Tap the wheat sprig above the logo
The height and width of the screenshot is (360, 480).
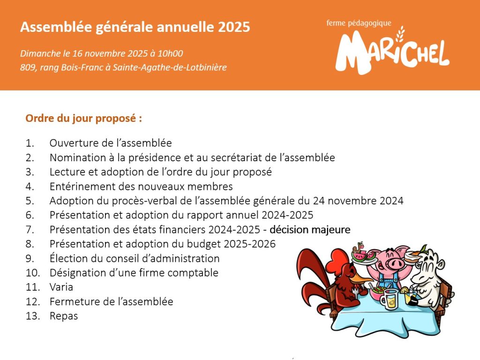(400, 34)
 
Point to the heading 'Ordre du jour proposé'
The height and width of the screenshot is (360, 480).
(83, 119)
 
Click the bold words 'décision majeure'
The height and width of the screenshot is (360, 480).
(310, 230)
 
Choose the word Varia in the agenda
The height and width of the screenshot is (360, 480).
(61, 287)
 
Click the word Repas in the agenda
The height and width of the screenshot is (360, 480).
(64, 316)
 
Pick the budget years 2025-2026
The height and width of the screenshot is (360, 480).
(249, 244)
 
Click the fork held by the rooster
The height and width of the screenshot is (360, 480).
(356, 291)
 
